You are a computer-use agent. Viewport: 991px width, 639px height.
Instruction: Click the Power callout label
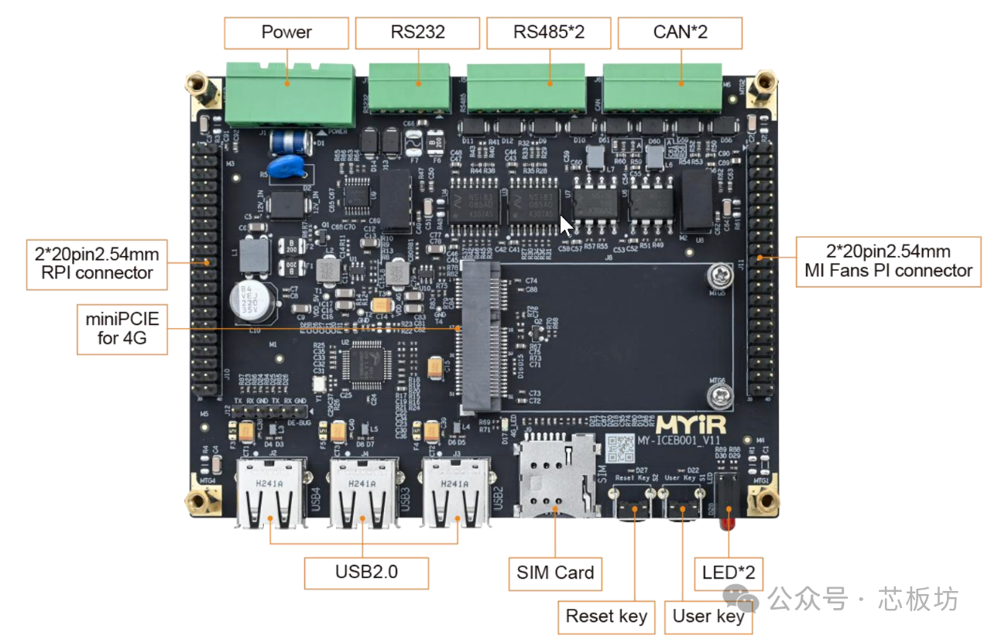pyautogui.click(x=286, y=32)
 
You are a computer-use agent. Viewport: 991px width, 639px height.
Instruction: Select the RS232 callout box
pyautogui.click(x=417, y=32)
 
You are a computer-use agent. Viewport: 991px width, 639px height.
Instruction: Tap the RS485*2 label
pyautogui.click(x=549, y=32)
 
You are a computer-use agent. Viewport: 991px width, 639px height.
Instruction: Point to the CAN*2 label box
pyautogui.click(x=681, y=32)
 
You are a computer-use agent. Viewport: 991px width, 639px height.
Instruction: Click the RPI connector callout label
pyautogui.click(x=94, y=263)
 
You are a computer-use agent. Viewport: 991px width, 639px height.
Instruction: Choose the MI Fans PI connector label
pyautogui.click(x=887, y=261)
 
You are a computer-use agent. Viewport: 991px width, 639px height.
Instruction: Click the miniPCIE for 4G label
pyautogui.click(x=122, y=329)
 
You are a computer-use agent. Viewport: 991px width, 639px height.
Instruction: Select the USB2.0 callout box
pyautogui.click(x=366, y=572)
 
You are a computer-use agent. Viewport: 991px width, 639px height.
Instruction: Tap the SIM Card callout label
pyautogui.click(x=555, y=573)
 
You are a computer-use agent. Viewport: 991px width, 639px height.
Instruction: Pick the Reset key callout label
pyautogui.click(x=606, y=617)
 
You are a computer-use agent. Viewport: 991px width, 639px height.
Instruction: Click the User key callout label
pyautogui.click(x=708, y=617)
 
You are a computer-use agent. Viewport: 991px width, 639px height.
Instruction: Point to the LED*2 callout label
pyautogui.click(x=729, y=573)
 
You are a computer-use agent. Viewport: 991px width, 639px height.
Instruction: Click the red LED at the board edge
pyautogui.click(x=727, y=523)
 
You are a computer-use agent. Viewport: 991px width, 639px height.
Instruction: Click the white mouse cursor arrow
pyautogui.click(x=566, y=225)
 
